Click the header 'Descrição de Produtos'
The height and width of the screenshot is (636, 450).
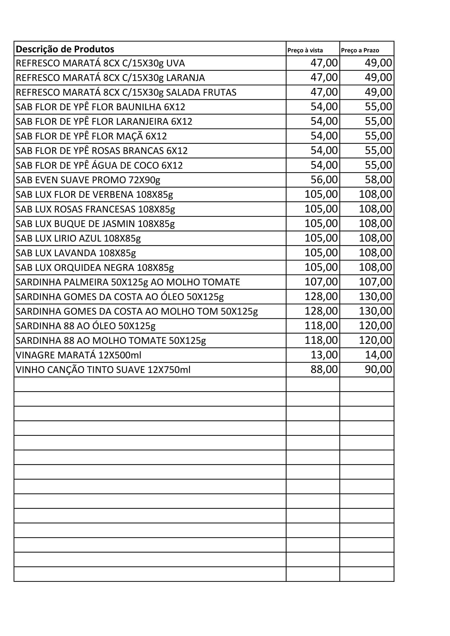[x=65, y=49]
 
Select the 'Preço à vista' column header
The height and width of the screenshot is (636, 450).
[x=305, y=50]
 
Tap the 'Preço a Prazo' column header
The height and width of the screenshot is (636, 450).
[x=360, y=50]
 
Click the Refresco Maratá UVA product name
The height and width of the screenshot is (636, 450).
[x=100, y=63]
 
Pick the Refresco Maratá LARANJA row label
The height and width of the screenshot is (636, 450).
[x=110, y=78]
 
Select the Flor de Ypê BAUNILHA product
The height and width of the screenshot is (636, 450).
[x=100, y=107]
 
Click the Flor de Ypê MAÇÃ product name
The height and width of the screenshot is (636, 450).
[x=91, y=136]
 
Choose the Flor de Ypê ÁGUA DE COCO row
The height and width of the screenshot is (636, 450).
[x=99, y=165]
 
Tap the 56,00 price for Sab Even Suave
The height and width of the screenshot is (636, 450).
[x=324, y=180]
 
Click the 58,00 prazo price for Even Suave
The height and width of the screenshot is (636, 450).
[x=378, y=180]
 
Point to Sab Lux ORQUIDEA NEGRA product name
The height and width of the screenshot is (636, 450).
[x=94, y=268]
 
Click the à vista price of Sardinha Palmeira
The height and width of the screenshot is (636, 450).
[x=321, y=282]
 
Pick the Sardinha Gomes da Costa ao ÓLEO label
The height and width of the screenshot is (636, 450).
[x=119, y=297]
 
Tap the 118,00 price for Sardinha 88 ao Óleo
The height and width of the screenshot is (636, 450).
[x=321, y=326]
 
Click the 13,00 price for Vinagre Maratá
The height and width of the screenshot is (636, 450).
[x=324, y=355]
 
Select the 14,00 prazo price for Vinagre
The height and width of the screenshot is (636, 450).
[x=378, y=355]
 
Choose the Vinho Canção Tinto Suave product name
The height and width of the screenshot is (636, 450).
[x=103, y=370]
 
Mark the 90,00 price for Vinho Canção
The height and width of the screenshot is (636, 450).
[x=378, y=369]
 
